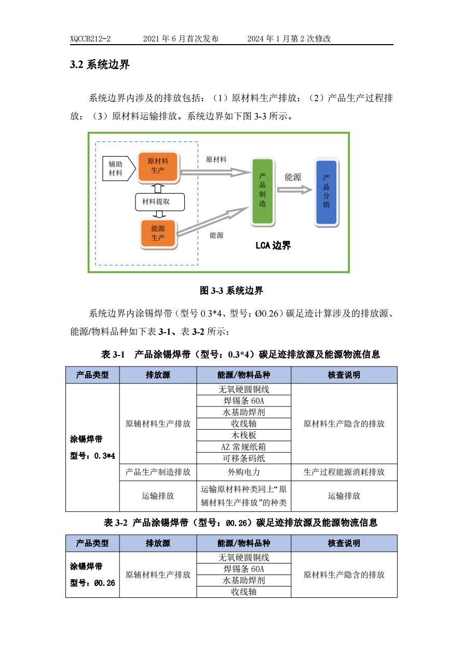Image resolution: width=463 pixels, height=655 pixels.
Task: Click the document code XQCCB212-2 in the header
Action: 90,39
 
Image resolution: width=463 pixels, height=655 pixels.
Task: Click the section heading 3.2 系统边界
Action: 100,65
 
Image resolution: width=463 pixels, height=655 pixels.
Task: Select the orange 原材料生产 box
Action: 158,166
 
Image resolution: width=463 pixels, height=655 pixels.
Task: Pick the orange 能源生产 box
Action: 158,233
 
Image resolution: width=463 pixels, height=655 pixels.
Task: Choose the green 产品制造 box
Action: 262,192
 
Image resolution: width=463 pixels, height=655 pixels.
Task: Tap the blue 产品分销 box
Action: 326,192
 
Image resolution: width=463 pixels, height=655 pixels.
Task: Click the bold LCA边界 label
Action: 273,246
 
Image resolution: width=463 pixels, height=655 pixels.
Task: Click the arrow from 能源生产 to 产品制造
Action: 213,222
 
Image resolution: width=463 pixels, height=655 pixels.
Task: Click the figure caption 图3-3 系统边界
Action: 231,290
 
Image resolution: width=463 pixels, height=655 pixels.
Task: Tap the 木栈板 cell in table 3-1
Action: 243,435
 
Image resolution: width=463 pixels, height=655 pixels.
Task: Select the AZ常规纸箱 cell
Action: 243,446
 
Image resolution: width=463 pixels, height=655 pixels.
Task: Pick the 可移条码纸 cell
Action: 243,458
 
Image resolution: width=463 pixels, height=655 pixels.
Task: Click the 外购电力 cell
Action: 243,472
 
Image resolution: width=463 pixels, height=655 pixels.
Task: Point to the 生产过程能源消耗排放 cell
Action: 344,472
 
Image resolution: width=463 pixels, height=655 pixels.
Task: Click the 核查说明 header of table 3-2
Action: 344,543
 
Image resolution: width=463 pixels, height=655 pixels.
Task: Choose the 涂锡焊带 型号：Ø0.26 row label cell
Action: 92,574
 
